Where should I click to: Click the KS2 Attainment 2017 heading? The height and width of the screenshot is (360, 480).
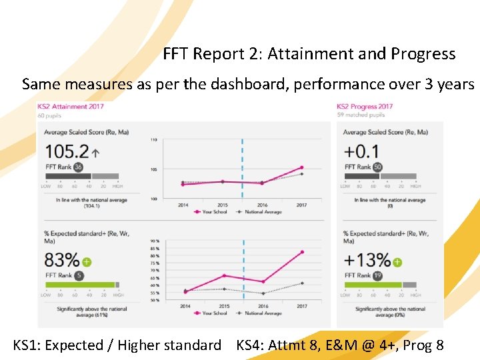pyautogui.click(x=71, y=106)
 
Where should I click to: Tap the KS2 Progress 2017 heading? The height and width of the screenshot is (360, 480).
pyautogui.click(x=365, y=106)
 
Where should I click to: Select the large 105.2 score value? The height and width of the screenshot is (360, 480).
pyautogui.click(x=67, y=151)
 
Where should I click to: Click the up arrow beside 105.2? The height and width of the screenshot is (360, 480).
pyautogui.click(x=95, y=153)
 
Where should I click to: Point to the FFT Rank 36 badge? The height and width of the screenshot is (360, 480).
pyautogui.click(x=79, y=167)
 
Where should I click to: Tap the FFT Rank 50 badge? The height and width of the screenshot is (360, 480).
pyautogui.click(x=377, y=167)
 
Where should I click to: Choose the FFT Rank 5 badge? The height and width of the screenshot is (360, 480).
pyautogui.click(x=79, y=275)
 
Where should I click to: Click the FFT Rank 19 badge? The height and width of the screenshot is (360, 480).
pyautogui.click(x=377, y=275)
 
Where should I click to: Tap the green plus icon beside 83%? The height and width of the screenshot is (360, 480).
pyautogui.click(x=87, y=262)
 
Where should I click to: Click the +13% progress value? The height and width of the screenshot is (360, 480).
pyautogui.click(x=366, y=260)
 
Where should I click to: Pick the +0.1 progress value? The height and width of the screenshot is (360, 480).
pyautogui.click(x=361, y=151)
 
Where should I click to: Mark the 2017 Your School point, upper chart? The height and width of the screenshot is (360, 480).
pyautogui.click(x=302, y=167)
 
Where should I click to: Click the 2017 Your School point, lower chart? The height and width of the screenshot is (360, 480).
pyautogui.click(x=302, y=252)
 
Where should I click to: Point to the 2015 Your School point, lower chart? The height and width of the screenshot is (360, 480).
pyautogui.click(x=223, y=275)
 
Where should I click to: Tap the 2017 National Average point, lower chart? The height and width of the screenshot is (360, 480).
pyautogui.click(x=302, y=283)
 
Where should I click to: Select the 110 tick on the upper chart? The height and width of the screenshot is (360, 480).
pyautogui.click(x=154, y=139)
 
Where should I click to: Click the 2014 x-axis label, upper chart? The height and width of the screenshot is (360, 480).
pyautogui.click(x=183, y=205)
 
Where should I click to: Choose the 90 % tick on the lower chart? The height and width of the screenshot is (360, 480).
pyautogui.click(x=155, y=241)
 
